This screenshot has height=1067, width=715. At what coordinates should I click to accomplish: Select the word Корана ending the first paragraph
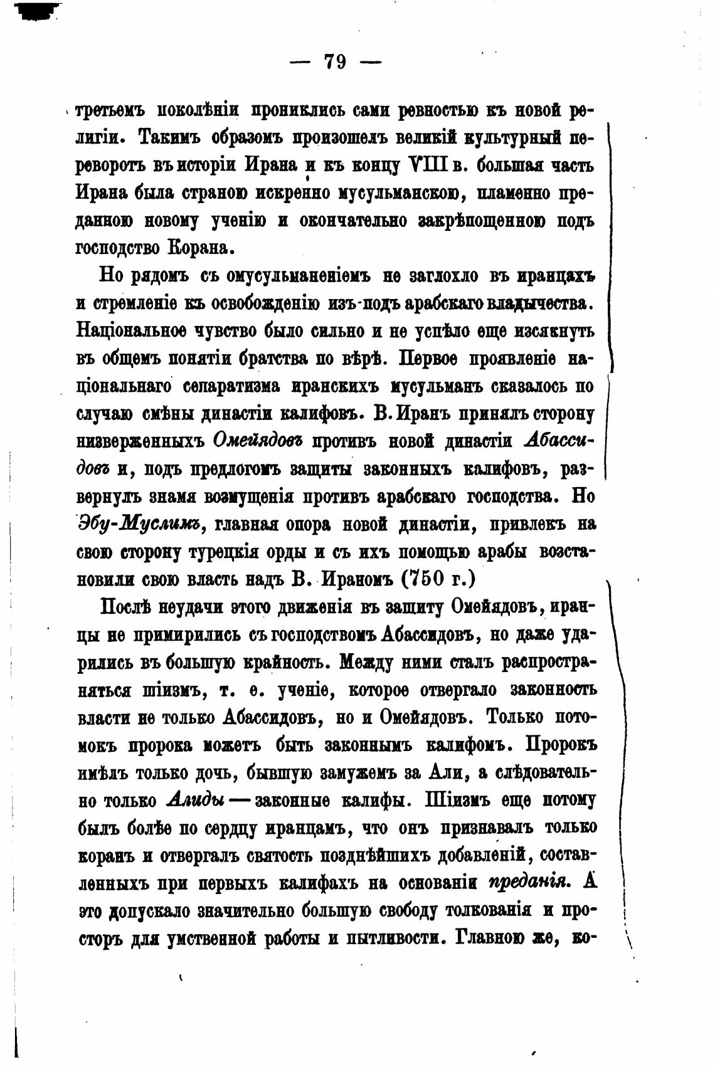pos(201,248)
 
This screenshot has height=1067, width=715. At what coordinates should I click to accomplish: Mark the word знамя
pos(172,496)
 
